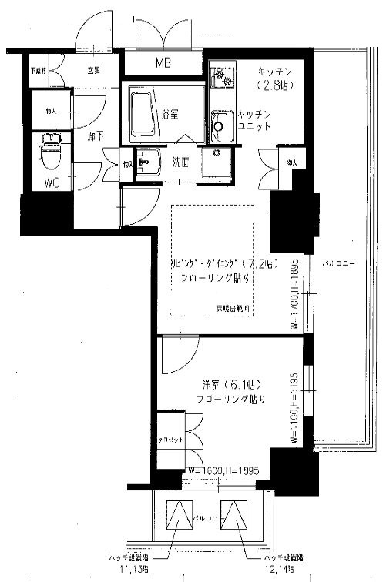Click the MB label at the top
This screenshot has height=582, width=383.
click(163, 63)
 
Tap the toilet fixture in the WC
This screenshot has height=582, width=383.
click(50, 153)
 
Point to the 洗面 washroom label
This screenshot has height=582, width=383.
click(180, 162)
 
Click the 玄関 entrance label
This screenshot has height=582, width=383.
click(92, 70)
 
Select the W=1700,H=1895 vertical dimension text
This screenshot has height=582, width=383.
click(294, 293)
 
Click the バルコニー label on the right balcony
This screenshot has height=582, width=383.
click(338, 263)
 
